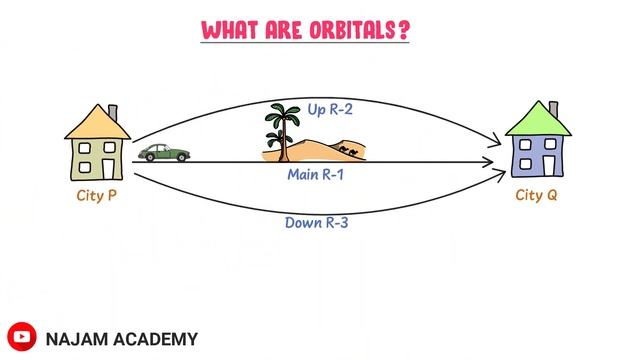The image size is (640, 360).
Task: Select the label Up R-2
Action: [307, 109]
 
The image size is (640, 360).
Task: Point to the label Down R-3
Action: [315, 223]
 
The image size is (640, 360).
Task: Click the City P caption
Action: [97, 195]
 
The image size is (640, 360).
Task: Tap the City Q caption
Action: [537, 195]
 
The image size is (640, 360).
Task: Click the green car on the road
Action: [165, 153]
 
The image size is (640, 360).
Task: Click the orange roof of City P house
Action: [96, 122]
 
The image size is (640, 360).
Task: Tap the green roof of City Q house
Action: [536, 121]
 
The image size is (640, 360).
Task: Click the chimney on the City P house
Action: [113, 107]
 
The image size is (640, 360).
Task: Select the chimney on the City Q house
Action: [552, 107]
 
